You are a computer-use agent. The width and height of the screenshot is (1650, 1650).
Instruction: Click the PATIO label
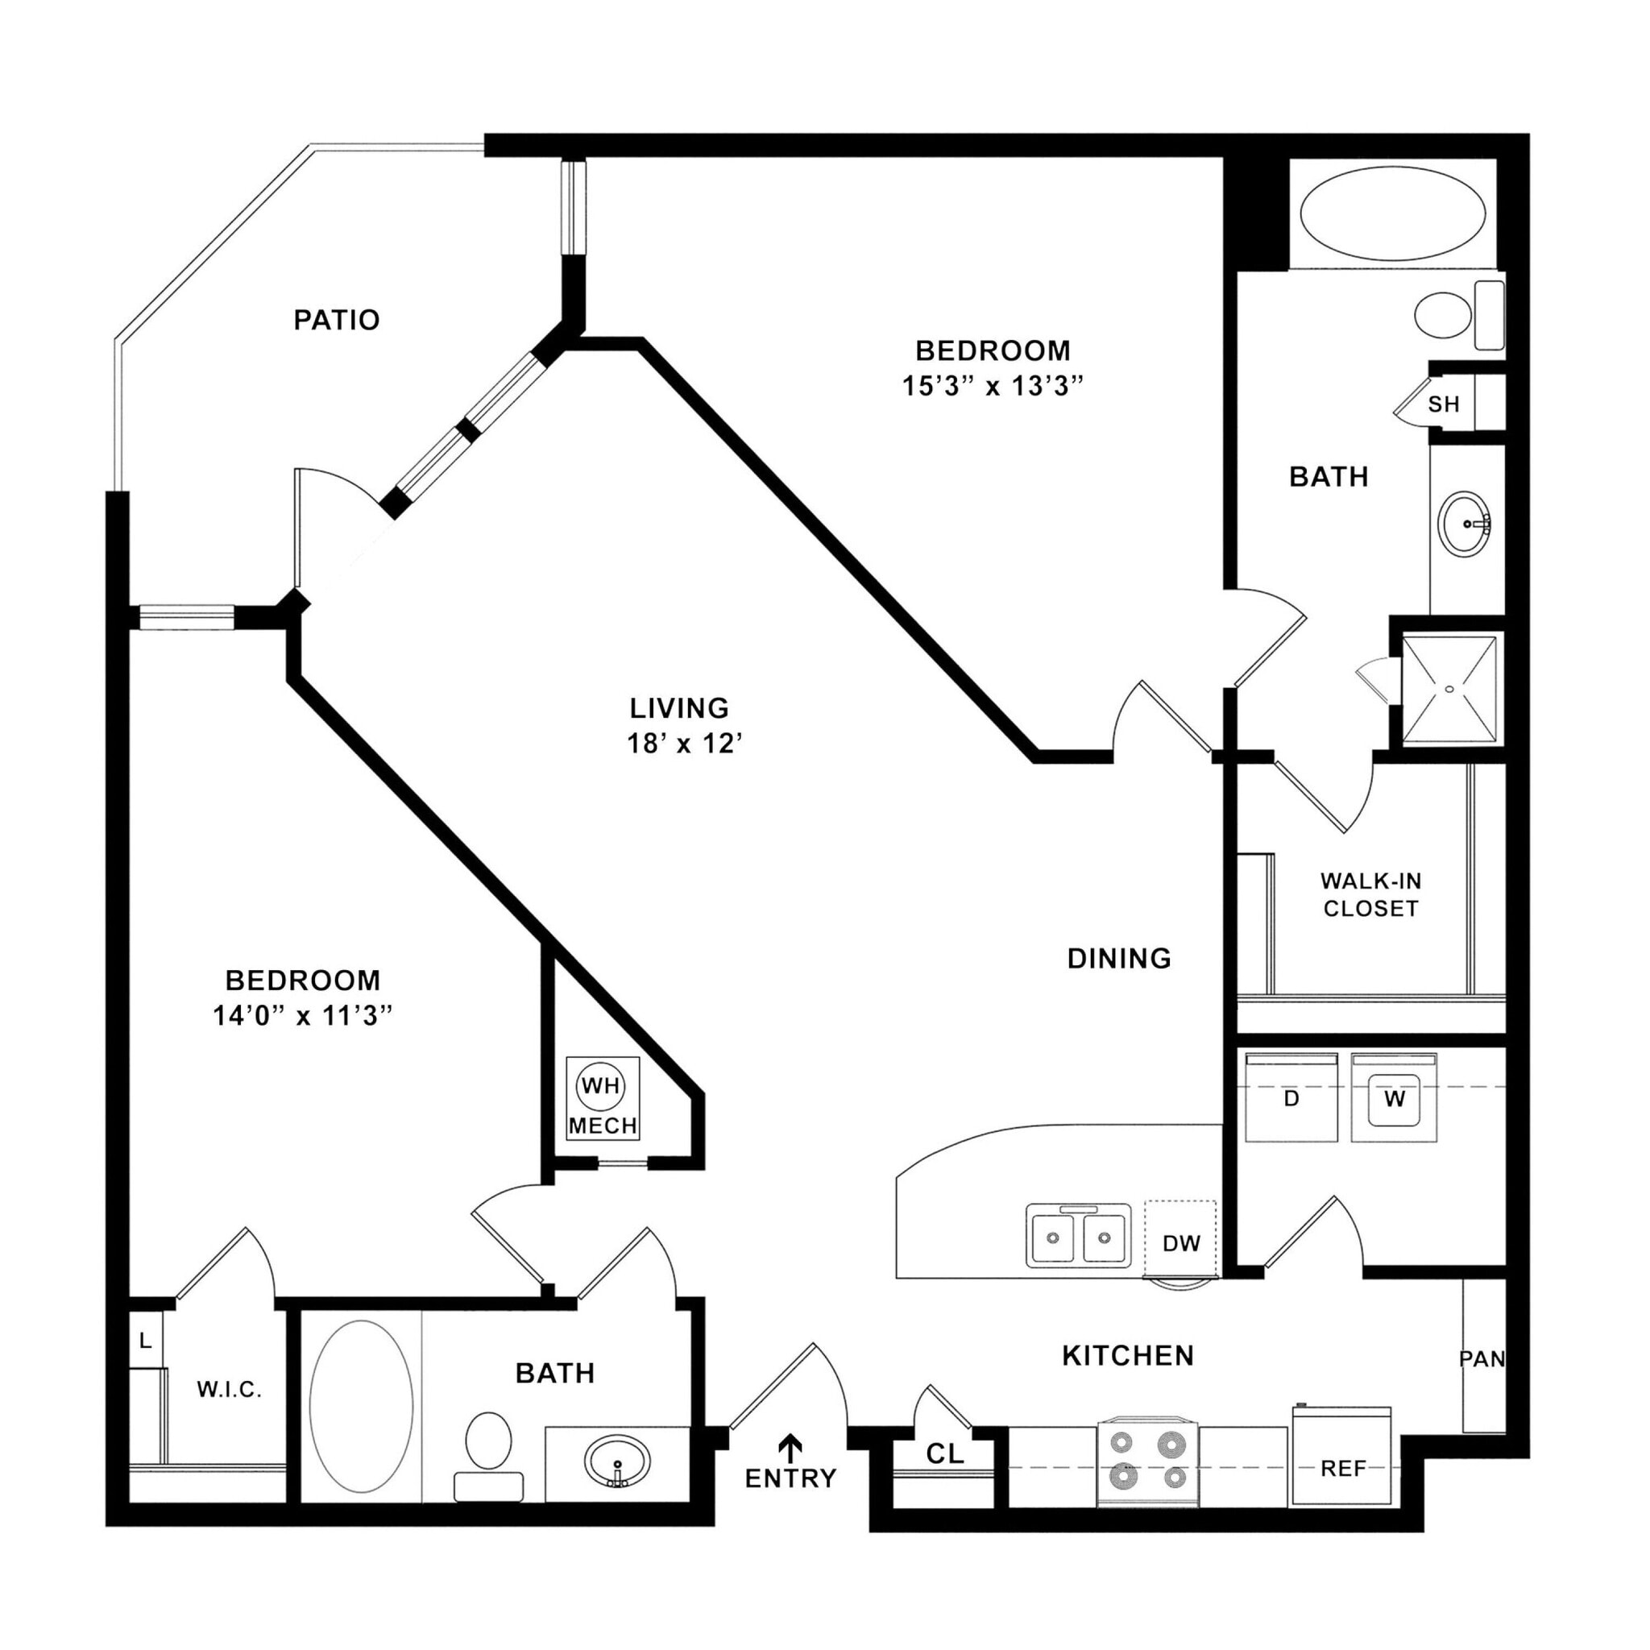click(x=337, y=321)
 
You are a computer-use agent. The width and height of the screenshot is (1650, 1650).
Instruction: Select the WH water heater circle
click(x=600, y=1086)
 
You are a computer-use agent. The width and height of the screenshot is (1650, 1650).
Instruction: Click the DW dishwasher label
click(x=1181, y=1243)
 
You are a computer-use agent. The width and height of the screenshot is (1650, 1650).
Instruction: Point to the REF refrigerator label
click(x=1342, y=1468)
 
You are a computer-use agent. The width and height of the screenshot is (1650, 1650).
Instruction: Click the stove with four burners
click(x=1148, y=1460)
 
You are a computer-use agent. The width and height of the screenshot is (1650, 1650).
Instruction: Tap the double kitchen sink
click(x=1078, y=1236)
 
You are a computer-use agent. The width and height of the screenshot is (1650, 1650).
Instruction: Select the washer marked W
click(x=1394, y=1099)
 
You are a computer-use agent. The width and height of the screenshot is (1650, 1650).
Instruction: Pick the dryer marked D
click(x=1291, y=1099)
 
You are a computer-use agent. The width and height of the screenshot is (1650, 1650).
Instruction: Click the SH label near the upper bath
click(x=1443, y=404)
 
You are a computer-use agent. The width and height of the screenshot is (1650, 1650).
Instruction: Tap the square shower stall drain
click(x=1449, y=688)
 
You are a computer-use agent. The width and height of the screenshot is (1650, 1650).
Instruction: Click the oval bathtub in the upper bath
click(x=1392, y=214)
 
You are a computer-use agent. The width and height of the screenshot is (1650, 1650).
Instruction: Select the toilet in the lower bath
click(x=488, y=1441)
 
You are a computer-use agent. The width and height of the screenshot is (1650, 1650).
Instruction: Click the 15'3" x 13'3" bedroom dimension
click(x=993, y=386)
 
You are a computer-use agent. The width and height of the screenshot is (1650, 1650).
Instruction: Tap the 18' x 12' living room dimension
click(x=684, y=743)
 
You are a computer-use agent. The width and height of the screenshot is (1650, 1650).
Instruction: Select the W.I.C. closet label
click(x=229, y=1390)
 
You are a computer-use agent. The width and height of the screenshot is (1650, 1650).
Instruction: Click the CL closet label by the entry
click(x=944, y=1453)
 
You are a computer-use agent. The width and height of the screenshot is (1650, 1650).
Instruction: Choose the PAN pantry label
click(x=1481, y=1358)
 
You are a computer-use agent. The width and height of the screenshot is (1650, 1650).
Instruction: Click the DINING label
click(x=1119, y=958)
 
